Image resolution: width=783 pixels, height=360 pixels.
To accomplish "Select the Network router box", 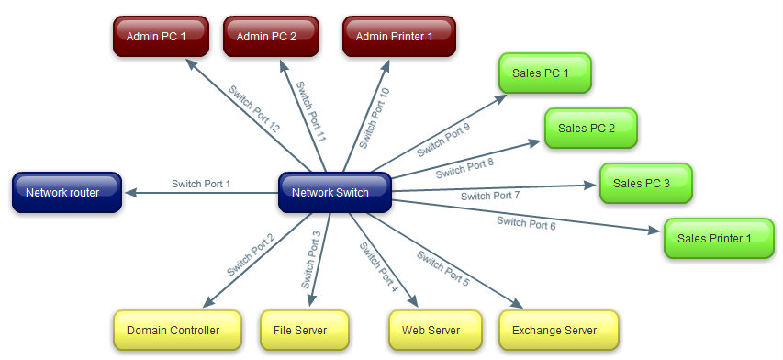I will click(x=68, y=193).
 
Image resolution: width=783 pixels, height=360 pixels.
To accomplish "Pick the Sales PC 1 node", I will click(x=544, y=73).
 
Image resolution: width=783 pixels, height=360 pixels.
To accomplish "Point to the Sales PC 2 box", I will click(x=590, y=129).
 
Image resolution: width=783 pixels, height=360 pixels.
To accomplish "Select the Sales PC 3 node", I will click(x=645, y=184).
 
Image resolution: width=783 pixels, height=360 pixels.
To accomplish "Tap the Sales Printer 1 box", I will click(x=718, y=239).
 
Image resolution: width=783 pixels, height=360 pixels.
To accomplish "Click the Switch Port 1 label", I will click(x=200, y=185).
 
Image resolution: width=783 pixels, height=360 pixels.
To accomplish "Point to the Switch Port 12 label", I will click(x=254, y=108).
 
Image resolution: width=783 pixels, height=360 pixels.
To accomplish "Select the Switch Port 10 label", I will click(x=374, y=118).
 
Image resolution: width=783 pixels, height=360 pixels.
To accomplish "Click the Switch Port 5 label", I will click(x=442, y=268).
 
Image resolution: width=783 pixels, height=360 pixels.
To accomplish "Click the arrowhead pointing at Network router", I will click(x=130, y=193).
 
